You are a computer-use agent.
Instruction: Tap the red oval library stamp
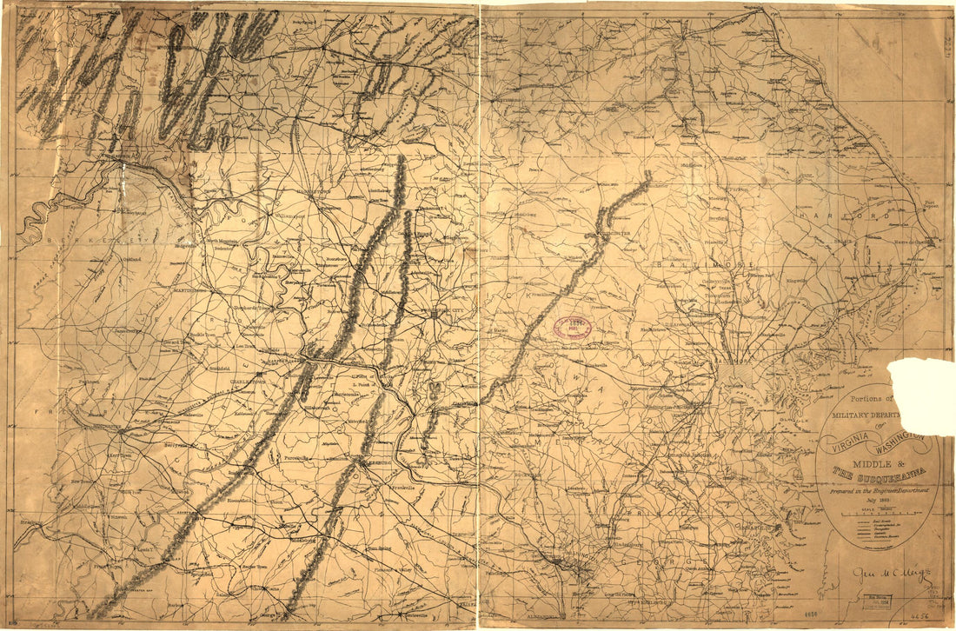[573, 328]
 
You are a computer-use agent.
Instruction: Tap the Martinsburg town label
[189, 290]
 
